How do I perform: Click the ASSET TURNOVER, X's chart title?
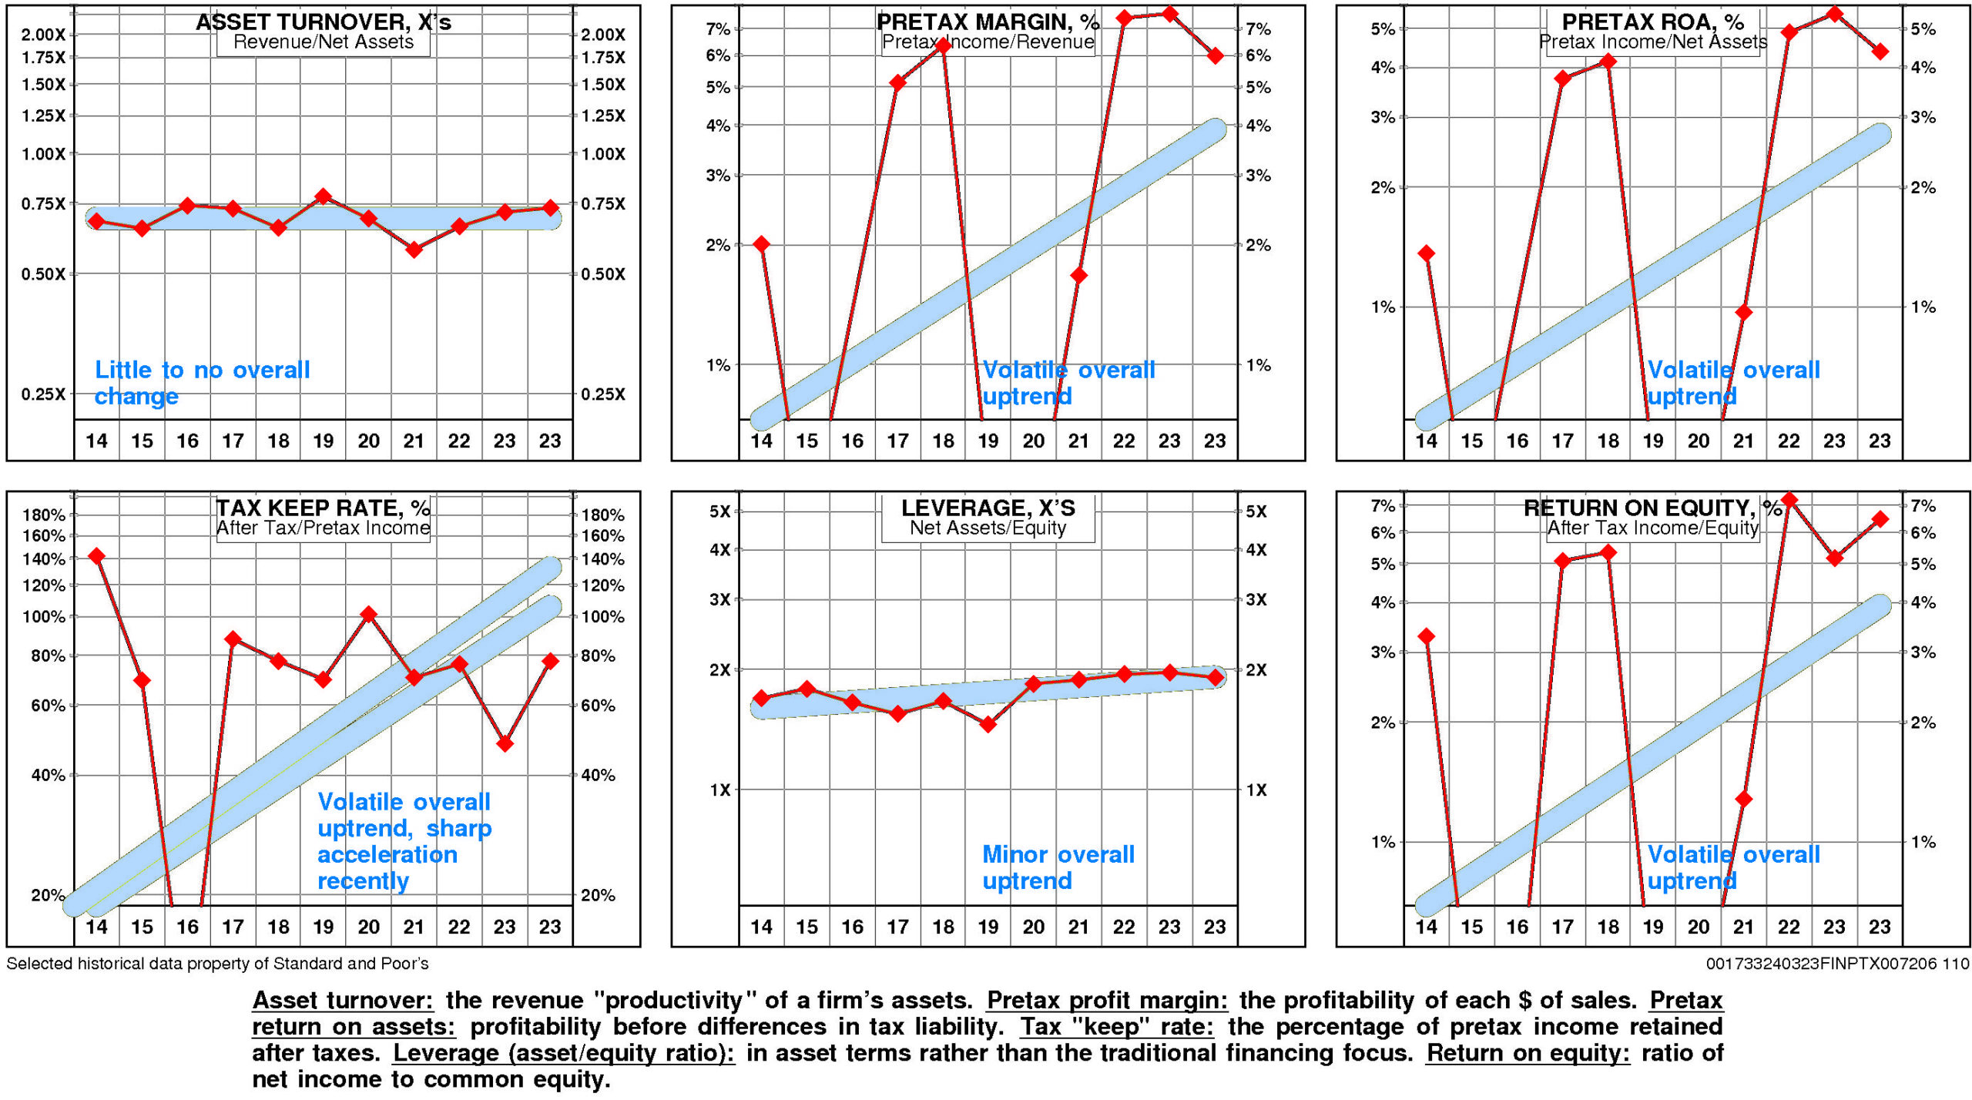pyautogui.click(x=324, y=22)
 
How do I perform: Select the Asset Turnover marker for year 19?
pyautogui.click(x=324, y=196)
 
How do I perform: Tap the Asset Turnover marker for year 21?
pyautogui.click(x=414, y=250)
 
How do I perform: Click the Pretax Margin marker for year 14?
pyautogui.click(x=762, y=244)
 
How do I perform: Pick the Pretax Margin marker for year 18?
pyautogui.click(x=943, y=45)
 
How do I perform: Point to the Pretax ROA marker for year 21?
pyautogui.click(x=1744, y=312)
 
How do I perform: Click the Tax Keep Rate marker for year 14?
pyautogui.click(x=96, y=555)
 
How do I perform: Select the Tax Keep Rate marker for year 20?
pyautogui.click(x=369, y=614)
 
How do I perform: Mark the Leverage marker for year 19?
pyautogui.click(x=988, y=724)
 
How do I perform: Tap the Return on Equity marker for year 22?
pyautogui.click(x=1789, y=500)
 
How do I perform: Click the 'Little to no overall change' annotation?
pyautogui.click(x=202, y=383)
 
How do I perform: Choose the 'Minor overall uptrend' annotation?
pyautogui.click(x=1058, y=867)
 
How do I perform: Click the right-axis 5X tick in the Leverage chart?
pyautogui.click(x=1256, y=511)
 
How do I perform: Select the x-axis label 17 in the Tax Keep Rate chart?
pyautogui.click(x=233, y=927)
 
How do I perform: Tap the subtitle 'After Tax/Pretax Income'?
pyautogui.click(x=323, y=528)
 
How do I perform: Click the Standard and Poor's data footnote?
pyautogui.click(x=217, y=964)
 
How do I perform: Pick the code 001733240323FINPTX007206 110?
pyautogui.click(x=1837, y=964)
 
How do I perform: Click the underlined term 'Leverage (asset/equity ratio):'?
pyautogui.click(x=564, y=1053)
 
